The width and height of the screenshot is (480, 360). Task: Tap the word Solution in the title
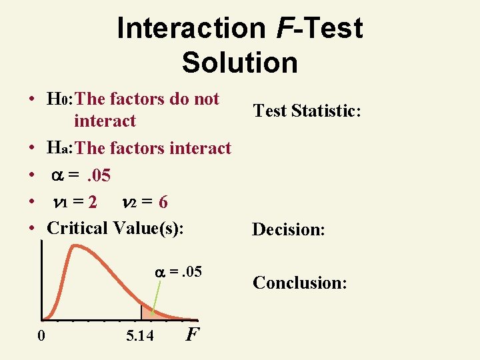point(239,63)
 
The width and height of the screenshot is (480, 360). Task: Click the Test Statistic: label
point(307,111)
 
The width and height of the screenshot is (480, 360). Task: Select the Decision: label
point(289,230)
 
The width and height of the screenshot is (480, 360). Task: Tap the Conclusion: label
point(299,283)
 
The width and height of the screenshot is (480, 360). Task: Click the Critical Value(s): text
point(115,228)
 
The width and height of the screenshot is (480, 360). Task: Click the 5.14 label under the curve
point(139,335)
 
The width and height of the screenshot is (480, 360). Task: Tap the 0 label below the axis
point(41,335)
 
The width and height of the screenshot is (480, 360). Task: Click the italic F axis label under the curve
point(191,333)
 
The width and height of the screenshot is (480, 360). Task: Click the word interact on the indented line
point(105,121)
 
